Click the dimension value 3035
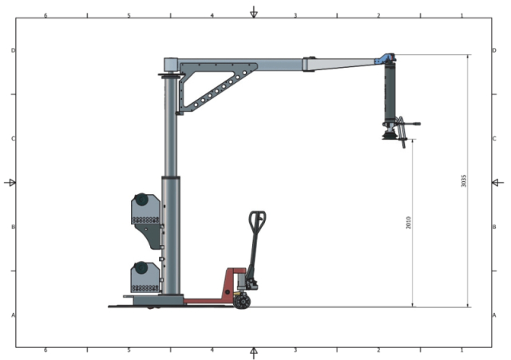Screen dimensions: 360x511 465,180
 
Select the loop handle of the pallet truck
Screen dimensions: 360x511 257,219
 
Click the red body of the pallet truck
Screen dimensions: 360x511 233,282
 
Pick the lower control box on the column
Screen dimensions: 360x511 145,277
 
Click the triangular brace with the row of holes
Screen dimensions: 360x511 212,89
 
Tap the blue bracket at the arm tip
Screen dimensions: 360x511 387,59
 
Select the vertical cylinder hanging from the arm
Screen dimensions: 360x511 390,93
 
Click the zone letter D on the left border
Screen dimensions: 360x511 13,50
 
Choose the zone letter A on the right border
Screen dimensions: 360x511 494,315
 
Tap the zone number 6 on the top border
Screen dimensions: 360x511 46,15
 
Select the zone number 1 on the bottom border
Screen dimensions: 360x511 461,350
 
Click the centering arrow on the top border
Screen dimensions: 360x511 254,12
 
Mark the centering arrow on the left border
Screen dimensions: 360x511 10,183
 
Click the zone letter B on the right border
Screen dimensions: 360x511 494,227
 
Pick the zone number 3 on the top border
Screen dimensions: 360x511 295,15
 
